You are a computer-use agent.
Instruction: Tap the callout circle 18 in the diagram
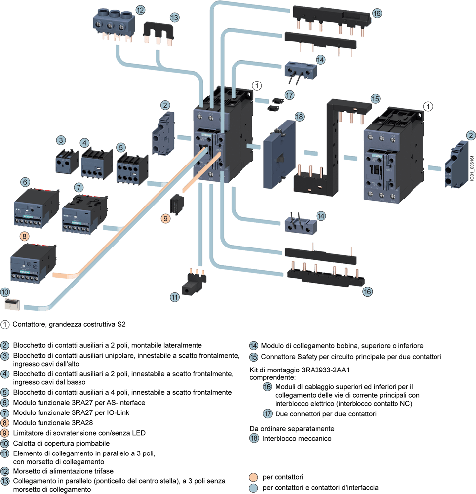[x=299, y=117]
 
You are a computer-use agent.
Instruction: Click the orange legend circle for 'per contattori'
[x=253, y=477]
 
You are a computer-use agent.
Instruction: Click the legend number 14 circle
[x=254, y=346]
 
